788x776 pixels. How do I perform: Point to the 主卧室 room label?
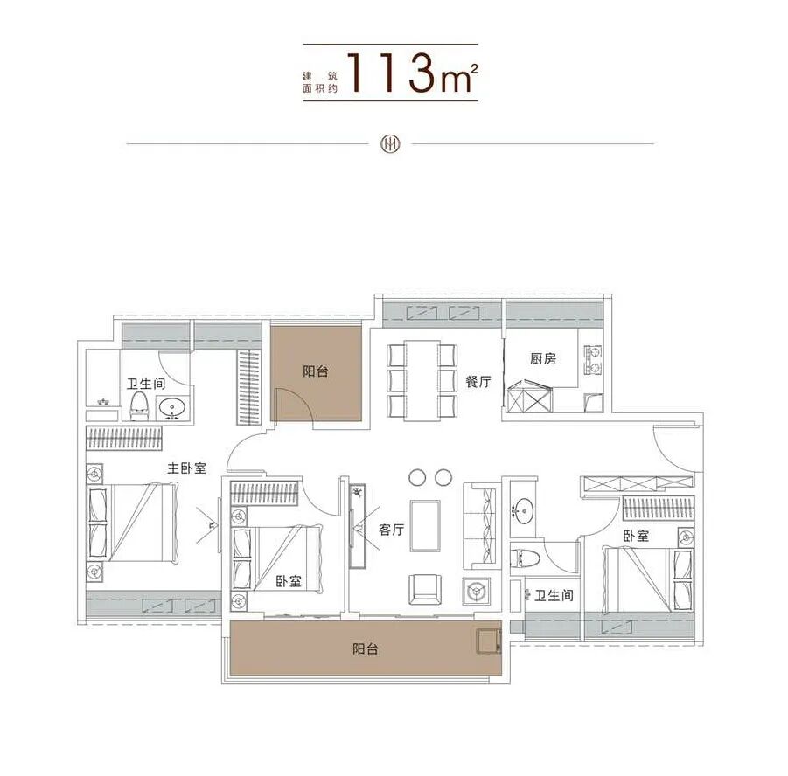[x=187, y=468]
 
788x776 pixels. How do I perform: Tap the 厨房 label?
[x=542, y=358]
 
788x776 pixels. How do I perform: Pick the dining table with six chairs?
[x=422, y=379]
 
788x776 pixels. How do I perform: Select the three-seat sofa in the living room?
[x=479, y=524]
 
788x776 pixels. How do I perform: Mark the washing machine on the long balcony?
[x=485, y=640]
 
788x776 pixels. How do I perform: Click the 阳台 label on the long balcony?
[x=365, y=649]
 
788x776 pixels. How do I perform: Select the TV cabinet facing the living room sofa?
[x=357, y=524]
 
